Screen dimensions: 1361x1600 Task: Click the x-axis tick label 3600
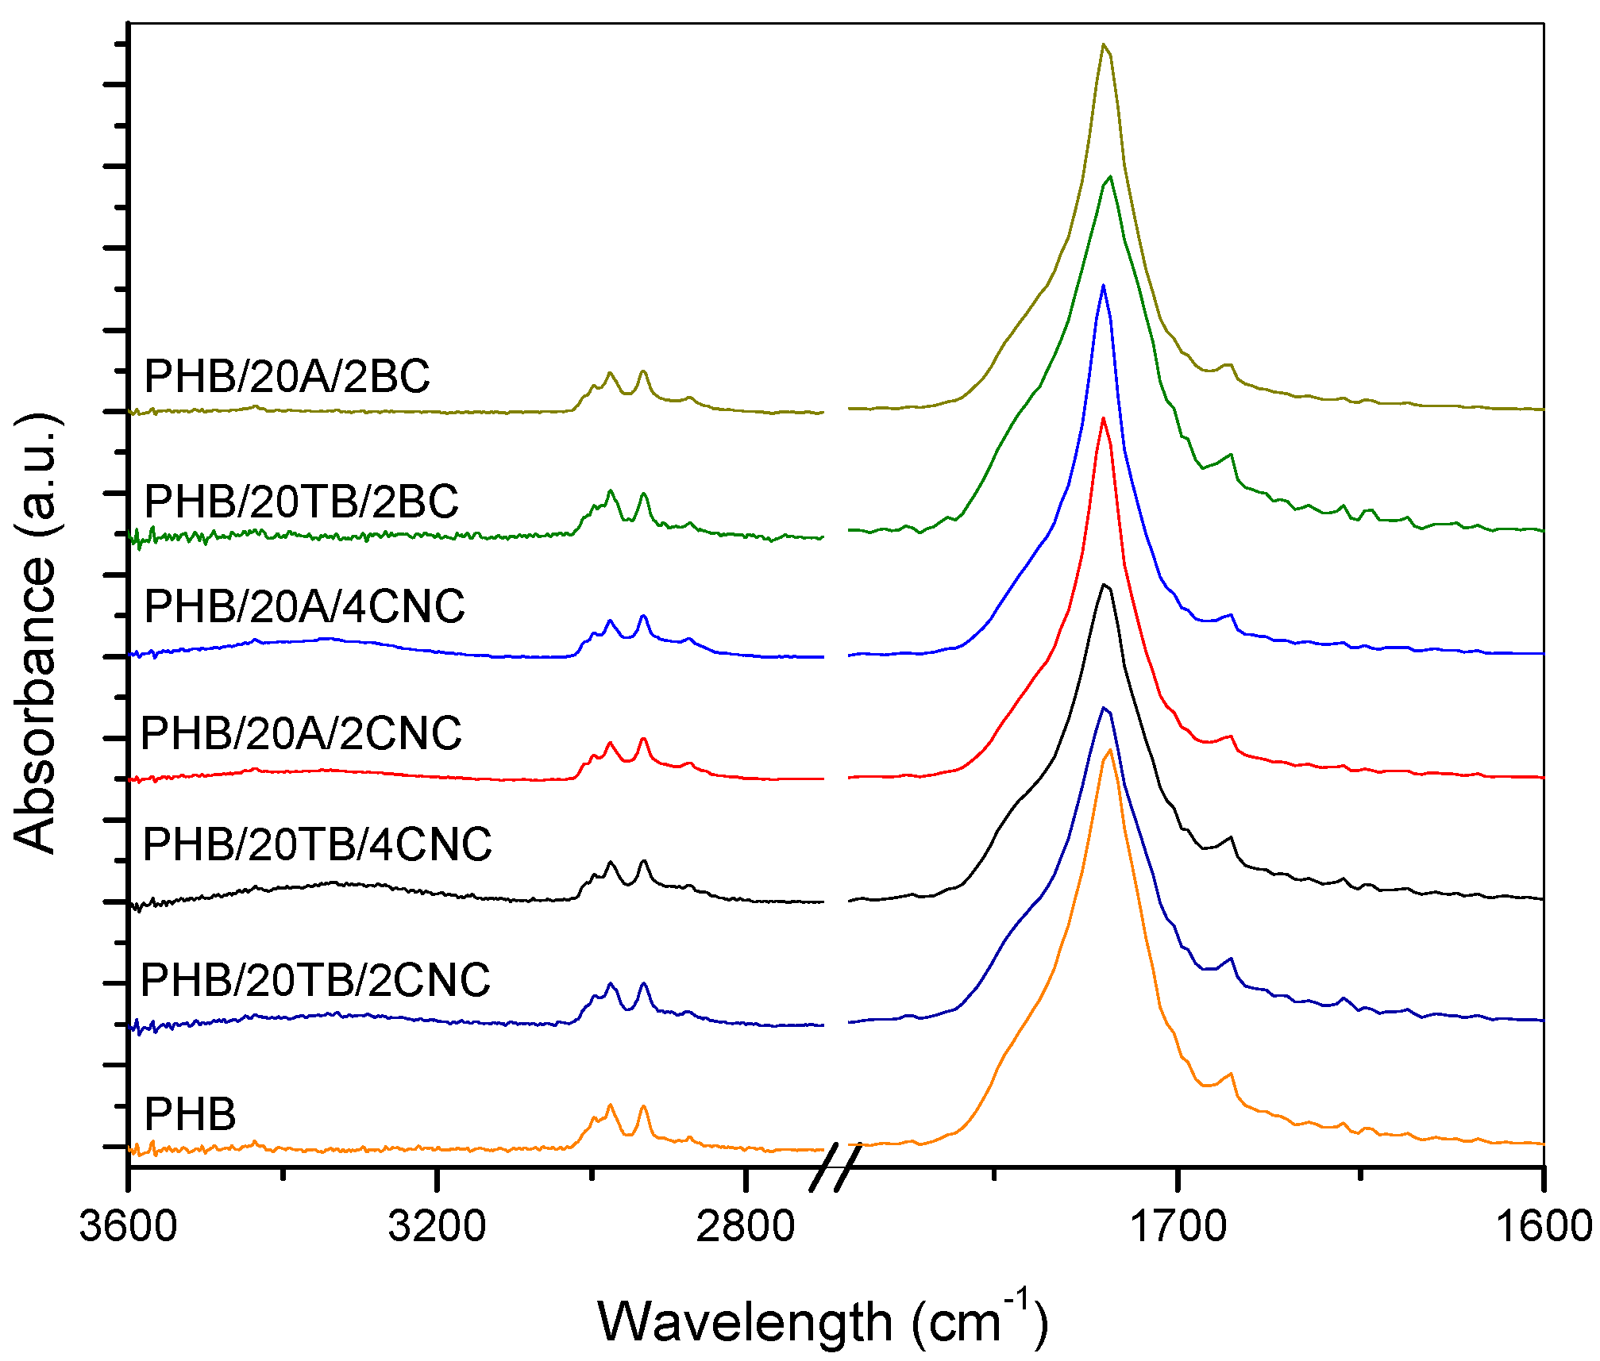coord(128,1226)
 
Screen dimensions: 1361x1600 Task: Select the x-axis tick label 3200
coord(436,1226)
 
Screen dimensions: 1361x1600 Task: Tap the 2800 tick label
coord(745,1226)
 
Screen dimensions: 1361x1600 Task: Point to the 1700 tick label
coord(1178,1226)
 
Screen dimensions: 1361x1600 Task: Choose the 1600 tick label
coord(1544,1226)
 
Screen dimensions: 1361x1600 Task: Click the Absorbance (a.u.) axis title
coord(36,632)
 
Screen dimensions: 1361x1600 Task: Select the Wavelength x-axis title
coord(822,1321)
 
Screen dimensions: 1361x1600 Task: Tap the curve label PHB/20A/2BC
coord(287,376)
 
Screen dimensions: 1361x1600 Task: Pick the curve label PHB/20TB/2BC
coord(301,502)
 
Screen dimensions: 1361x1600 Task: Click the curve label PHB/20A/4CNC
coord(304,607)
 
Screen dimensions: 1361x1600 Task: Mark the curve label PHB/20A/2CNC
coord(301,733)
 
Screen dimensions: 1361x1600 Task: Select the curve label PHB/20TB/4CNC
coord(317,844)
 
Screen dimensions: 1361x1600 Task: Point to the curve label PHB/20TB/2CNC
coord(315,980)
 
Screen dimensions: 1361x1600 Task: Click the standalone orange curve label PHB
coord(190,1114)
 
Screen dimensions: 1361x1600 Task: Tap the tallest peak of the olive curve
coord(1102,44)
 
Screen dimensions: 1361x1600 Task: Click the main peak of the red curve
coord(1103,418)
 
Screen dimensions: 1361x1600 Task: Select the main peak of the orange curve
coord(1108,750)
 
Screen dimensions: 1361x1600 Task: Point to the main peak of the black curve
coord(1104,585)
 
